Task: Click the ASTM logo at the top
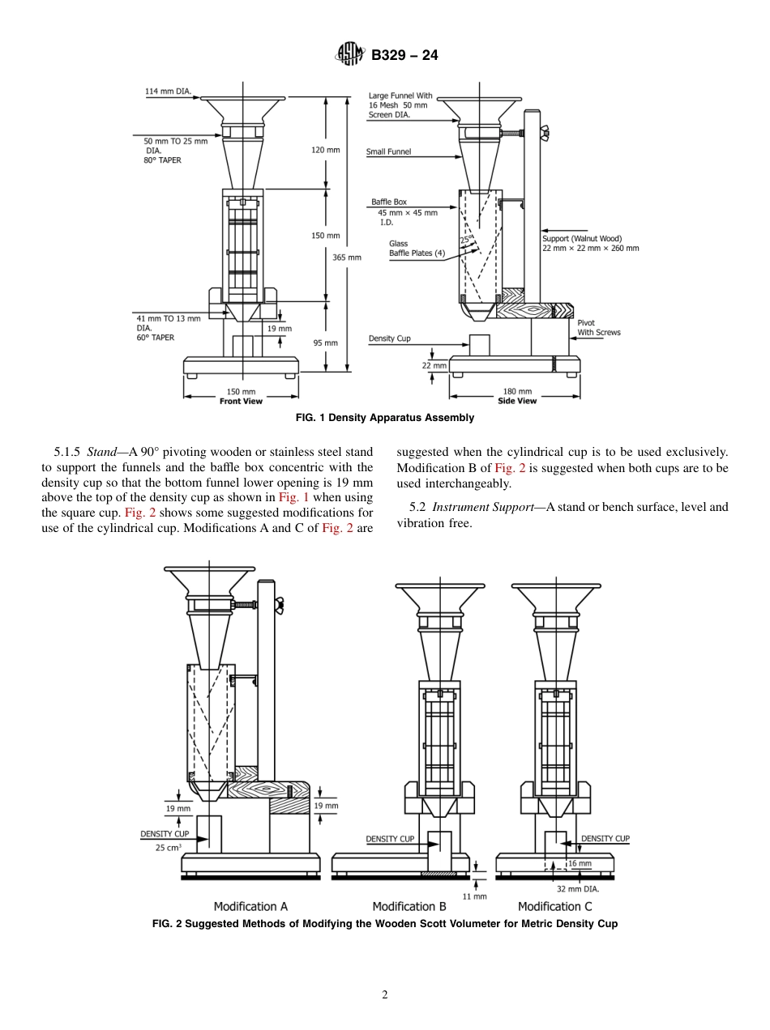click(x=350, y=55)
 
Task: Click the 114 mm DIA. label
click(x=168, y=92)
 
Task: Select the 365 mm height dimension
click(x=347, y=257)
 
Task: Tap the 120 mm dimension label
click(x=325, y=150)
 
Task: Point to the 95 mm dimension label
click(x=325, y=343)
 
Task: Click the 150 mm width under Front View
click(x=241, y=392)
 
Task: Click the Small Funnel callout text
click(x=388, y=151)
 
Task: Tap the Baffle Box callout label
click(x=389, y=202)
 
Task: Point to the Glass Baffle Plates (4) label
click(x=417, y=249)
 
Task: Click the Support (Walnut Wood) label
click(x=582, y=239)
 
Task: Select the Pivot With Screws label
click(x=599, y=328)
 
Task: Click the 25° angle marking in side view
click(x=465, y=240)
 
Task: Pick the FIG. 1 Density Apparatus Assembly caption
click(x=385, y=418)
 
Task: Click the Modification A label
click(x=250, y=906)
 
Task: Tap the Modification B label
click(x=409, y=906)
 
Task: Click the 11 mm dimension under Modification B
click(x=475, y=896)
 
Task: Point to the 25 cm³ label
click(x=168, y=848)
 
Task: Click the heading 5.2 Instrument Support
click(x=471, y=508)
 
